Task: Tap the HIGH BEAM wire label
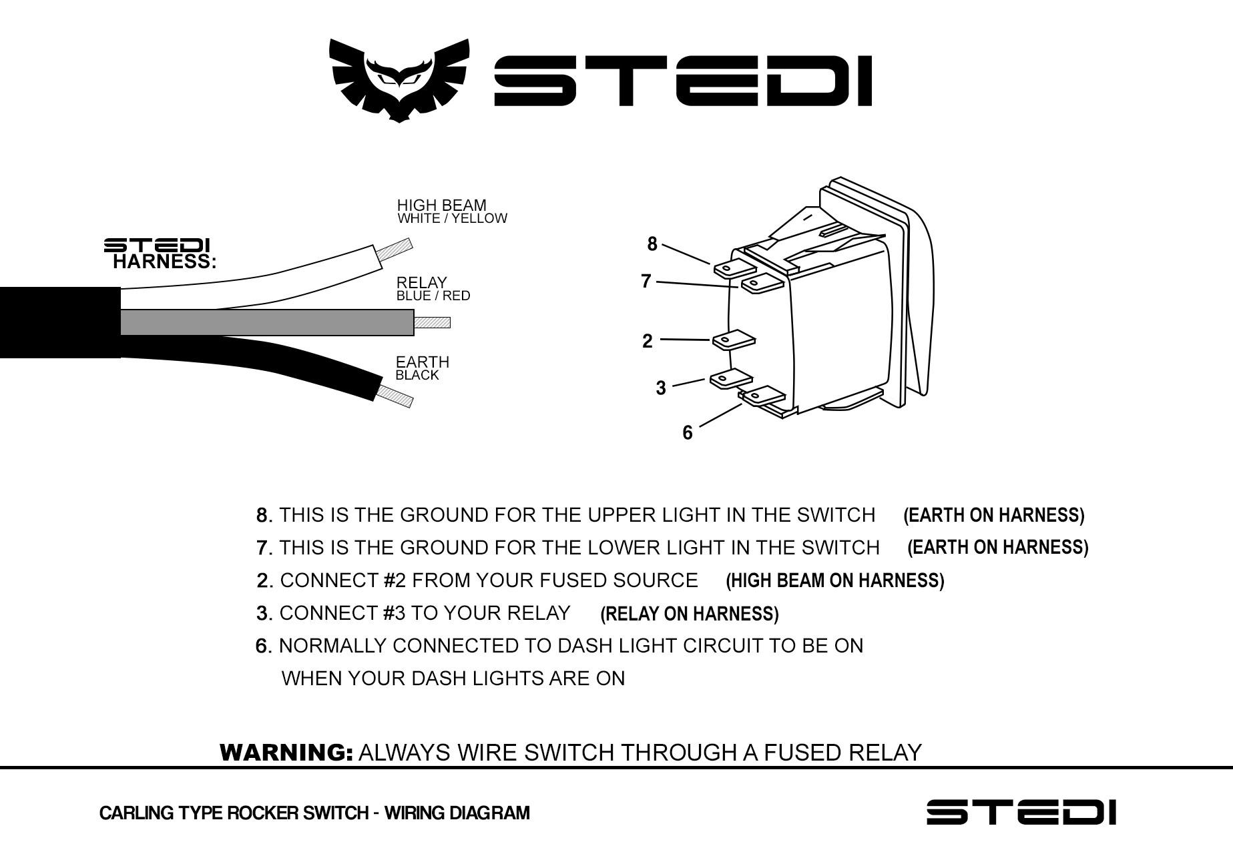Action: tap(441, 205)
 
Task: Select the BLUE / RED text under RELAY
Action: tap(433, 296)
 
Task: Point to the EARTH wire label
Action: tap(422, 362)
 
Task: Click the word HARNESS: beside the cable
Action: tap(164, 262)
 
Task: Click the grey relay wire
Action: tap(267, 322)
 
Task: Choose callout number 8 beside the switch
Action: tap(652, 244)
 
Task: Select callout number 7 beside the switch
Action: tap(646, 282)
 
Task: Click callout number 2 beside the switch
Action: tap(647, 341)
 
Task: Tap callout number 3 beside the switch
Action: tap(661, 388)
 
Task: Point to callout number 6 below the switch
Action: tap(688, 433)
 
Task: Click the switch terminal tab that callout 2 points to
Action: tap(734, 341)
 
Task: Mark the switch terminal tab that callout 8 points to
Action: tap(734, 268)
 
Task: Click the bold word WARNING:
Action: tap(286, 753)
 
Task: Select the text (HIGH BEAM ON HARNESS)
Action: tap(834, 580)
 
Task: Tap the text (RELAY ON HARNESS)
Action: tap(689, 614)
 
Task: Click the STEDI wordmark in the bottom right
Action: tap(1021, 812)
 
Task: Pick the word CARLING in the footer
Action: tap(128, 813)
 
